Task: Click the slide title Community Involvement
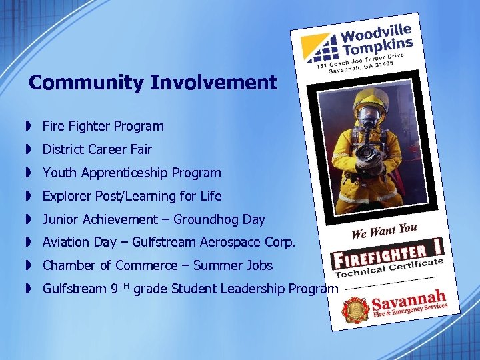(153, 83)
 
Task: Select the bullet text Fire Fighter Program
(103, 126)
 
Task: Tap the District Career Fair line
(97, 149)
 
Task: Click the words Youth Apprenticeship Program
(131, 173)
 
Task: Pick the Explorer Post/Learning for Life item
(132, 196)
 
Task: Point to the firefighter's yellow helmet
(370, 99)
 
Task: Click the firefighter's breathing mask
(369, 119)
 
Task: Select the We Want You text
(384, 231)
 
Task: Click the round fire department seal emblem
(355, 310)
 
